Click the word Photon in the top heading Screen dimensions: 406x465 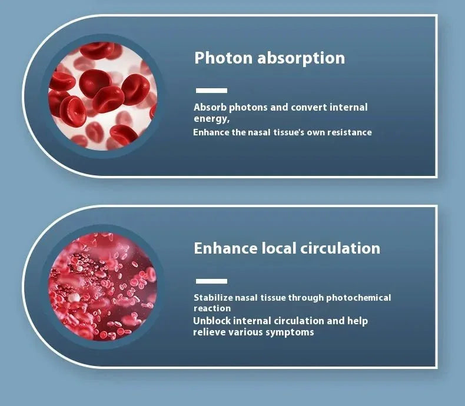pos(221,58)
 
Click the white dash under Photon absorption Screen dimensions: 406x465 pos(211,91)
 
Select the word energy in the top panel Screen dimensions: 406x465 pos(210,118)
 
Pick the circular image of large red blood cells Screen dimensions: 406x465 pos(103,95)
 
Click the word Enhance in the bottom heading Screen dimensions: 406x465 pos(225,248)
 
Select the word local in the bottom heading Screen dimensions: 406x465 pos(278,248)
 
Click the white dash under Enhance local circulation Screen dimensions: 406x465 pos(211,281)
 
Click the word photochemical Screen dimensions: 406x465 pos(358,298)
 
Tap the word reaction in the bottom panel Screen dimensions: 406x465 pos(212,308)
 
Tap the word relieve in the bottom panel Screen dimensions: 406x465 pos(209,332)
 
